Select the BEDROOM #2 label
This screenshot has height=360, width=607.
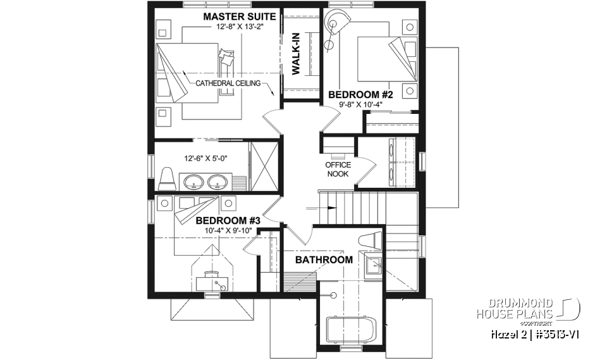pos(360,95)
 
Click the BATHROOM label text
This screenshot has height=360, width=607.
pos(324,259)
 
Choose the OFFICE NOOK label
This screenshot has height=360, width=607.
pos(338,170)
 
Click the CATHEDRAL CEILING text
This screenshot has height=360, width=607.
pos(228,84)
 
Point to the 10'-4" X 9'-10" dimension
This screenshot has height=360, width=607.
pos(228,230)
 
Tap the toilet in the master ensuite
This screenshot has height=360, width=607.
pos(168,179)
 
